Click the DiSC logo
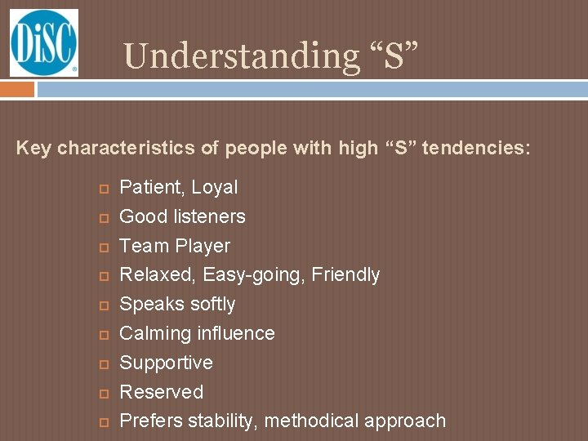tap(43, 42)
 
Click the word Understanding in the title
tap(237, 56)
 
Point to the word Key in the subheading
tap(33, 149)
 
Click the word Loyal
tap(215, 188)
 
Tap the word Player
tap(204, 246)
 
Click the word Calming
tap(153, 333)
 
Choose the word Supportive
tap(166, 363)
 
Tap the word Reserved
tap(161, 392)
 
